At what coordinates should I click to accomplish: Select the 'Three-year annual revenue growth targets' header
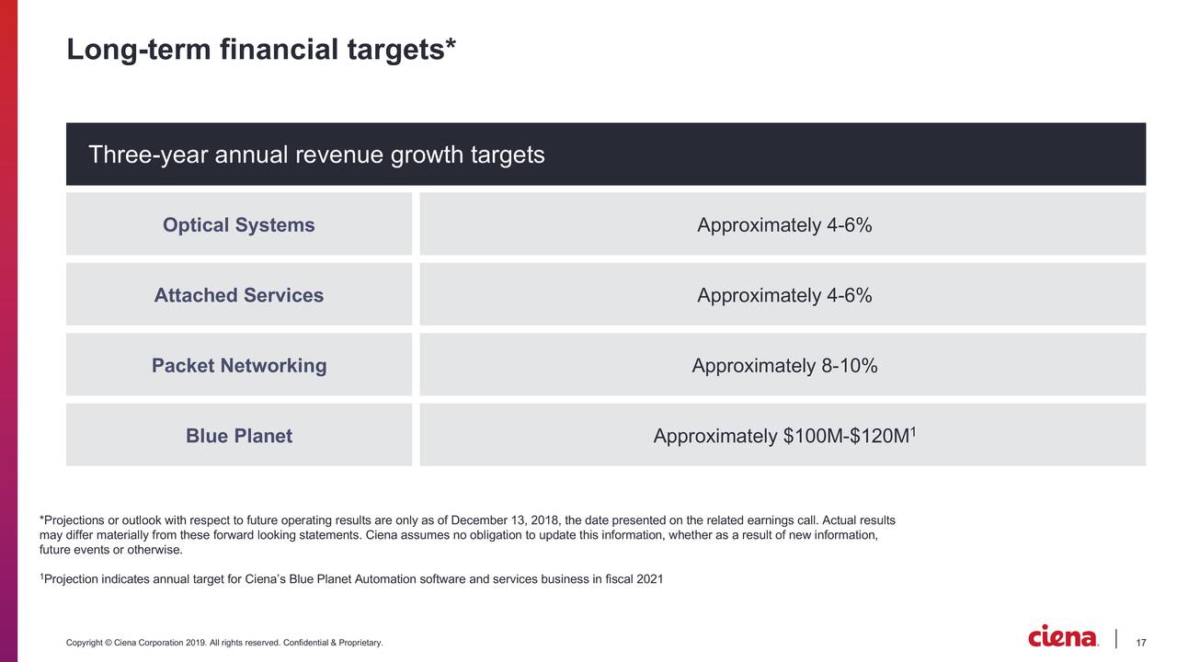coord(316,154)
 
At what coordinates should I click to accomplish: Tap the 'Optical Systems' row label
coord(238,225)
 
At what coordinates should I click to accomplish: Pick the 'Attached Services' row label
coord(238,295)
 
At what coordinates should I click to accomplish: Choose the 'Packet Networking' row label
coord(238,366)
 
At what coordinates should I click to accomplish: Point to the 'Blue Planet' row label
coord(238,436)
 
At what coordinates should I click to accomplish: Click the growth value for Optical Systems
coord(783,225)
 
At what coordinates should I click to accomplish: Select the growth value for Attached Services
coord(783,295)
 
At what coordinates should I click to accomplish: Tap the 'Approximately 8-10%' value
coord(783,366)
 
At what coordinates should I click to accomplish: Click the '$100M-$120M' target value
coord(846,437)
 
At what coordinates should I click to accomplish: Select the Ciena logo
coord(1063,637)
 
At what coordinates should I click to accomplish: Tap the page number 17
coord(1142,642)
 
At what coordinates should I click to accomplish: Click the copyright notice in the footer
coord(224,642)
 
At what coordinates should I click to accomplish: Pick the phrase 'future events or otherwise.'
coord(110,551)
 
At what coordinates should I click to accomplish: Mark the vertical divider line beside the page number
coord(1116,638)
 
